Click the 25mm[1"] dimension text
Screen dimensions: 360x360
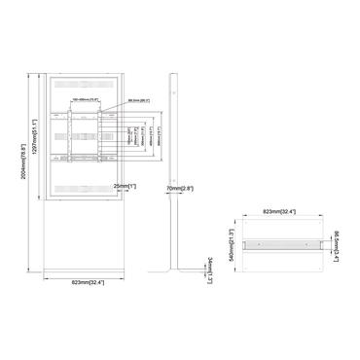pos(124,186)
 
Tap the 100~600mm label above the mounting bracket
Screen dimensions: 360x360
pos(87,98)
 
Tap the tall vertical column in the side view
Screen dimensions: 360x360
pos(172,136)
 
